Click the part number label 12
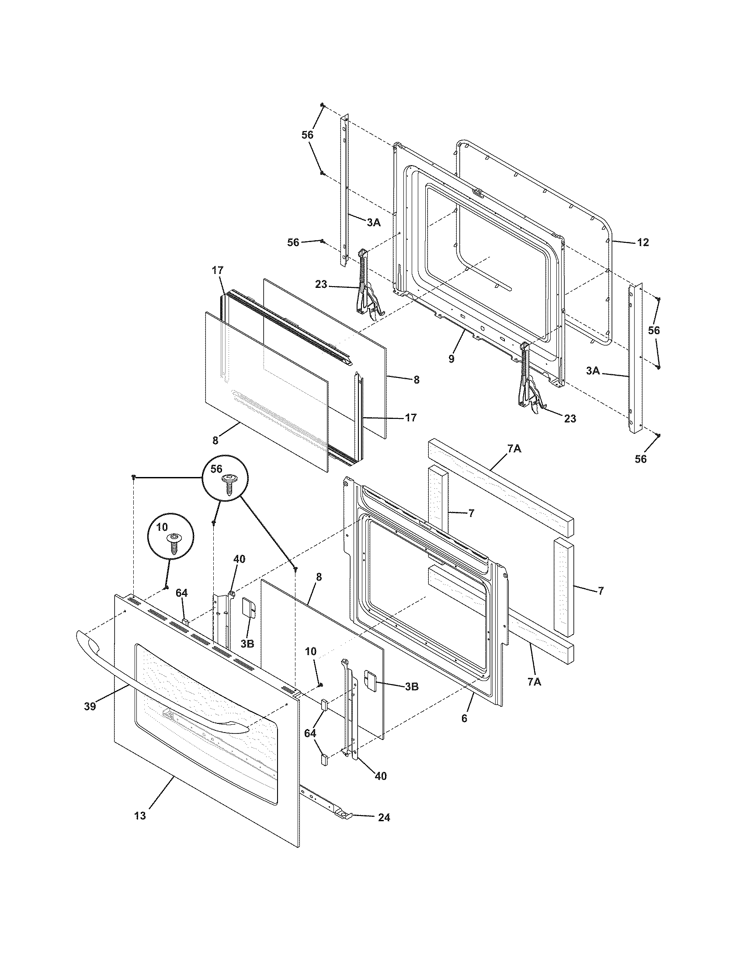click(642, 242)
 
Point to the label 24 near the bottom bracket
click(383, 818)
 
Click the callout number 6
click(464, 719)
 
